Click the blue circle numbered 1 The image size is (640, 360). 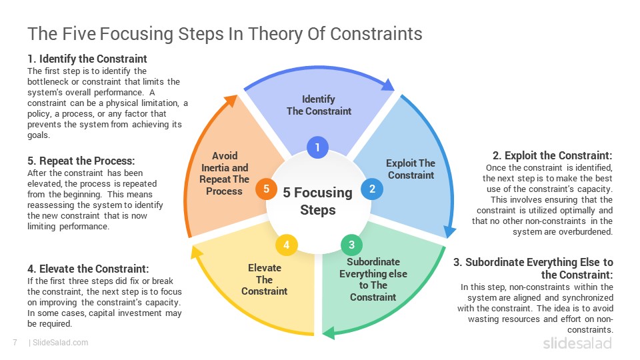317,147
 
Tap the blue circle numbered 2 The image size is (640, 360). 372,189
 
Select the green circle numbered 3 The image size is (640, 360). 351,245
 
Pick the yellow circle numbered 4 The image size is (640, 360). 287,245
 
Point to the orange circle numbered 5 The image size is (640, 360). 266,189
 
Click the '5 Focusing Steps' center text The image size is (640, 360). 317,201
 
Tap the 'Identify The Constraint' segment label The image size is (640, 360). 319,105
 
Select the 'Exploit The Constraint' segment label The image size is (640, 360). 411,169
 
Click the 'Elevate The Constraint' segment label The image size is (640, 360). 265,279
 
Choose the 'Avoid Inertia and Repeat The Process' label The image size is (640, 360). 225,173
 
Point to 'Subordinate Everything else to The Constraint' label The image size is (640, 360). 373,279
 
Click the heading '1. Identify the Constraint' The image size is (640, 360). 87,59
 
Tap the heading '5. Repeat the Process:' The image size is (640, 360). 81,161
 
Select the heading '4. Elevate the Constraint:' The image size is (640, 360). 88,269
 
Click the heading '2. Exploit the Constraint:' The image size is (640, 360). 552,155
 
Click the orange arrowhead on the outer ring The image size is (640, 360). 231,101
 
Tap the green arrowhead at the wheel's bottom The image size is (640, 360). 329,333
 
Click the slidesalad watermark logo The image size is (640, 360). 577,343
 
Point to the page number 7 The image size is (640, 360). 15,343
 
